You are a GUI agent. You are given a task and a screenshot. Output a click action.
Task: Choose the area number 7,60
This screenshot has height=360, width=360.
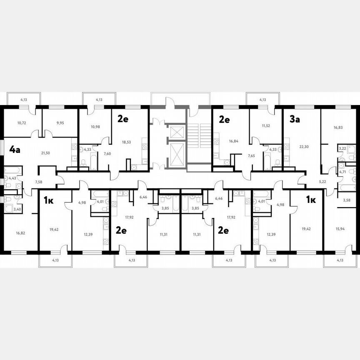pyautogui.click(x=107, y=153)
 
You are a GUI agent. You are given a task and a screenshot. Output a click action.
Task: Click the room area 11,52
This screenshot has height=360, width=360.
pyautogui.click(x=266, y=126)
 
